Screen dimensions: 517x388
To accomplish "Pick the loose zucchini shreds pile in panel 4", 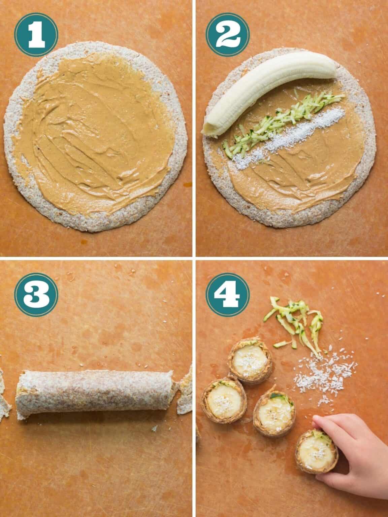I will [296, 320].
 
